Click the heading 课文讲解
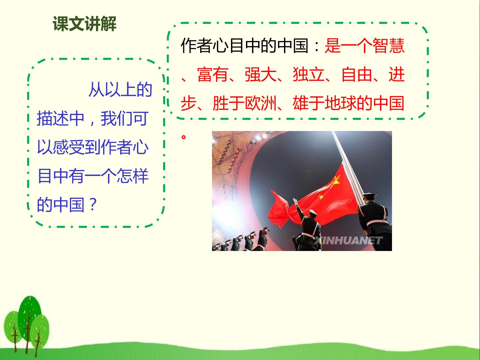click(84, 24)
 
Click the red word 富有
click(213, 75)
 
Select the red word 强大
click(261, 75)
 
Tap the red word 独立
click(309, 75)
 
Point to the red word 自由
click(357, 75)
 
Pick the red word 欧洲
click(261, 103)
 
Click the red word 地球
click(341, 103)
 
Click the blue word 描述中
click(61, 119)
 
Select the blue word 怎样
click(133, 176)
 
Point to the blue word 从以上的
click(120, 89)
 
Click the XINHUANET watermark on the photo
click(348, 240)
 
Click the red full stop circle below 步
click(184, 137)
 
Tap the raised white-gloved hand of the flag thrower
click(295, 201)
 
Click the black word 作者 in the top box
click(197, 46)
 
